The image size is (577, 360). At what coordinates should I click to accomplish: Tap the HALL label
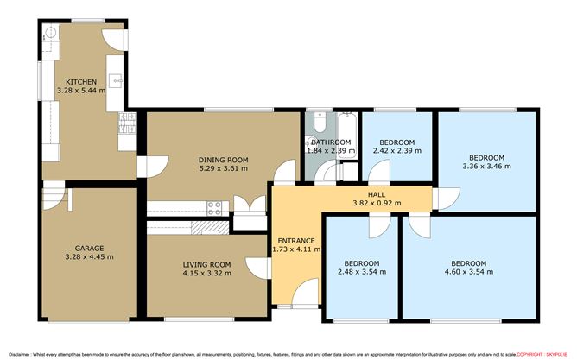[x=376, y=195]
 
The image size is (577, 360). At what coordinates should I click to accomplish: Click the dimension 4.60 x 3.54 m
[x=467, y=272]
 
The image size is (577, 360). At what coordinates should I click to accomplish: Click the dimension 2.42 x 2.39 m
[x=398, y=150]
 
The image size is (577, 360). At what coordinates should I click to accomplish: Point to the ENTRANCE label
[x=295, y=240]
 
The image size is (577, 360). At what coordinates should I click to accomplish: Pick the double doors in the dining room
[x=249, y=207]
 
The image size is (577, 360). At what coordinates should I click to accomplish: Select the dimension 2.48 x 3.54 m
[x=361, y=272]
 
